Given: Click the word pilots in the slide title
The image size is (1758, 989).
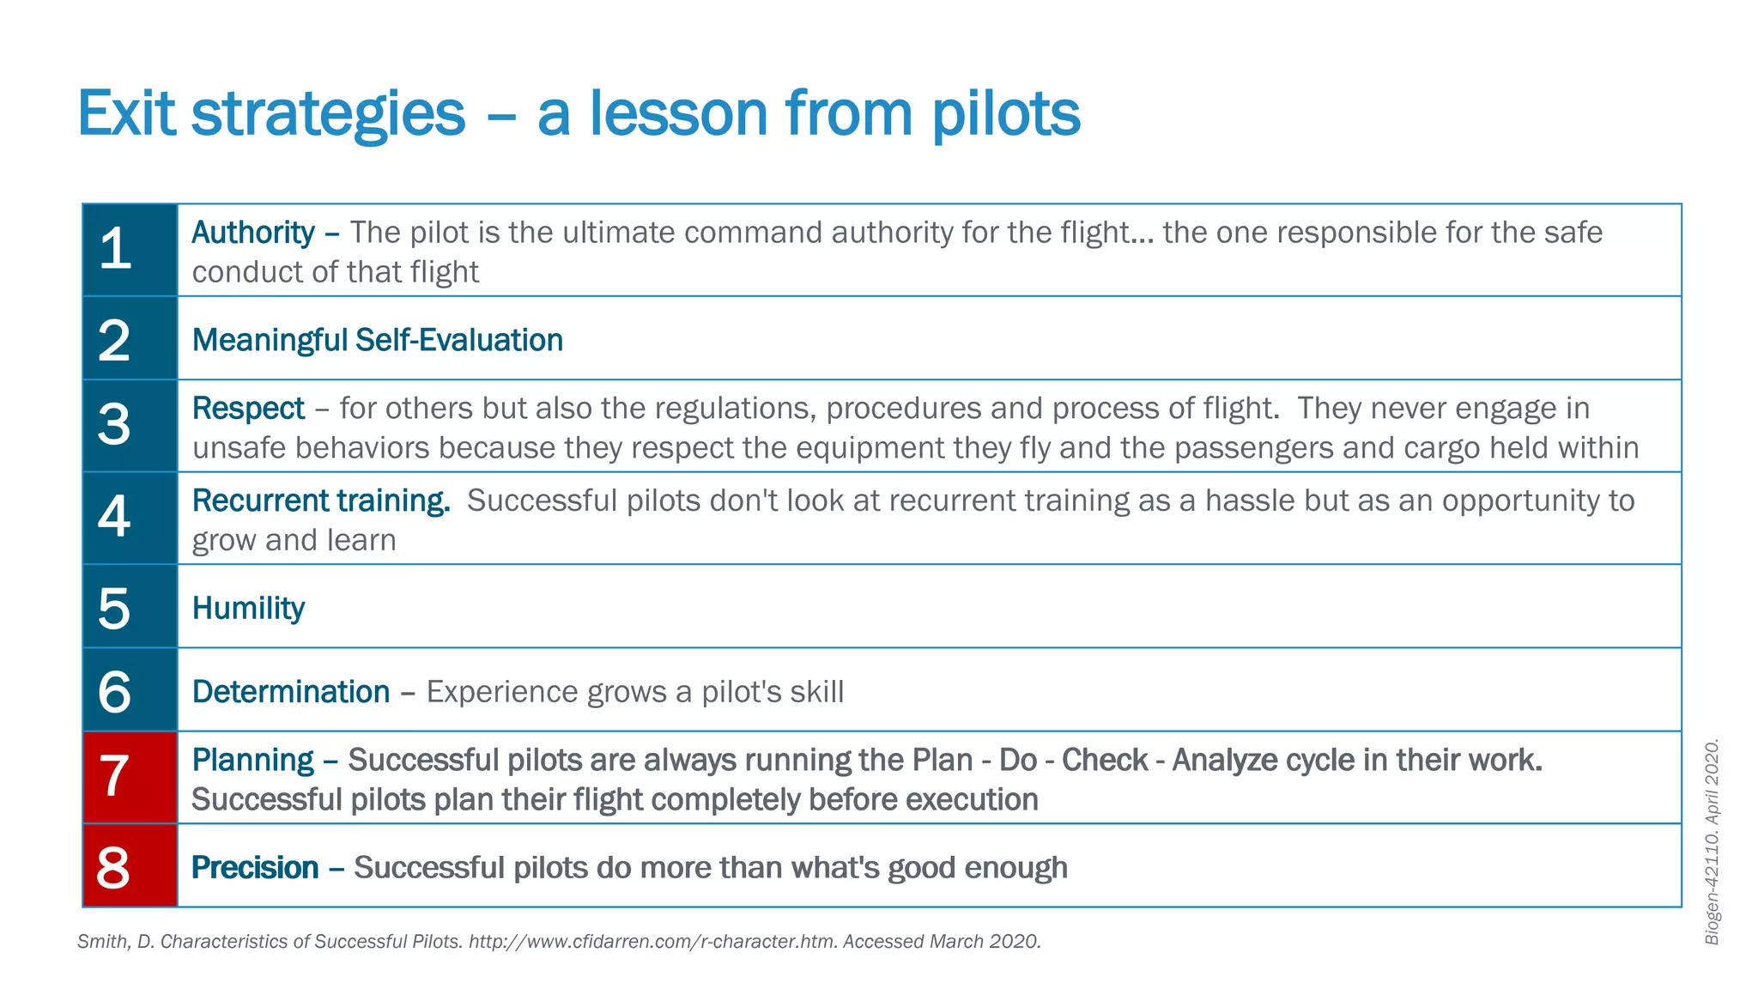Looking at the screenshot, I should click(x=1005, y=114).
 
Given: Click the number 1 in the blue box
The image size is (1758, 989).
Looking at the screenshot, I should click(x=115, y=249).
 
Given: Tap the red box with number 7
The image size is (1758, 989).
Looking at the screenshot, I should click(x=130, y=777).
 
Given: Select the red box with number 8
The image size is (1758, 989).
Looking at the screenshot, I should click(x=130, y=865).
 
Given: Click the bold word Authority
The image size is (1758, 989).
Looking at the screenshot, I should click(x=253, y=233).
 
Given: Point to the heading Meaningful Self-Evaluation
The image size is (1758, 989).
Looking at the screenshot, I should click(x=377, y=340).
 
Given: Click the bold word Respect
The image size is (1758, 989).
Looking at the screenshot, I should click(x=248, y=409).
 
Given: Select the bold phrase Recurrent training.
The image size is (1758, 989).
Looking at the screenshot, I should click(x=320, y=501).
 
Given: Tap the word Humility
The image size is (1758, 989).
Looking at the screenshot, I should click(x=248, y=608).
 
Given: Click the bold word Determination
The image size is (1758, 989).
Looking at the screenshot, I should click(x=291, y=692).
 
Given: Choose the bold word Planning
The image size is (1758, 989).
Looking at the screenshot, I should click(x=253, y=761).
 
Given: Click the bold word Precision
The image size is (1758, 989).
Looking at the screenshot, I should click(x=255, y=868).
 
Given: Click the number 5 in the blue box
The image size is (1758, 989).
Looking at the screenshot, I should click(x=114, y=608).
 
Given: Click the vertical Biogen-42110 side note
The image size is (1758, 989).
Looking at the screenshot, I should click(x=1712, y=841).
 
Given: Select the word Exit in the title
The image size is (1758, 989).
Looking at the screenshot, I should click(x=126, y=114).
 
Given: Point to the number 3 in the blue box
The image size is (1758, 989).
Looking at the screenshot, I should click(x=114, y=424).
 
